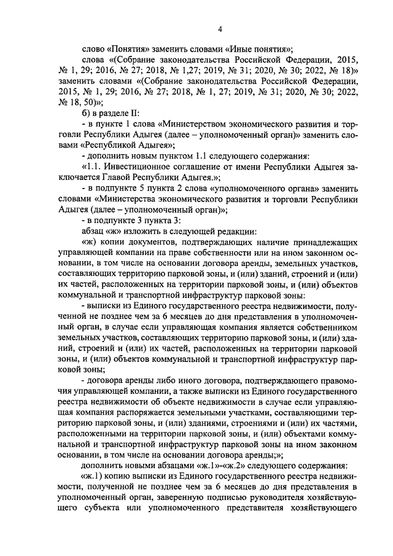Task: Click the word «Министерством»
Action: tap(190, 123)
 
